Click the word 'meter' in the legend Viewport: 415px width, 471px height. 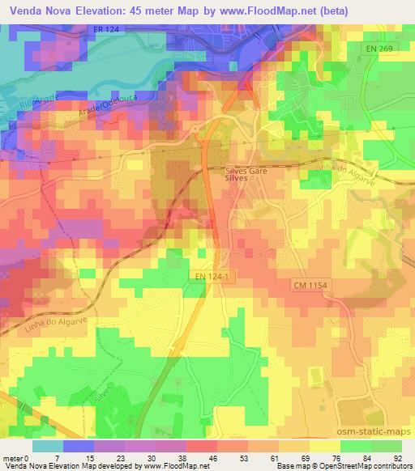[11, 457]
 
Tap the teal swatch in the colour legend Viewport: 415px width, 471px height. [48, 446]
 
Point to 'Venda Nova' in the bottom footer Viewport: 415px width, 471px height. [24, 466]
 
